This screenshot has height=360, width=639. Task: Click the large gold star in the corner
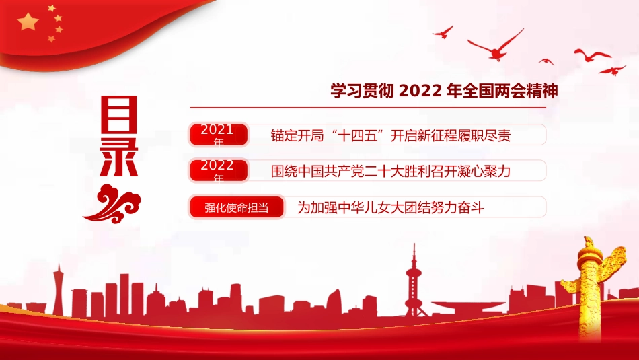point(28,22)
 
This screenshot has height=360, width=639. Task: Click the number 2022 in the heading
point(421,90)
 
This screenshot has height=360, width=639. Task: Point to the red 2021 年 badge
point(218,135)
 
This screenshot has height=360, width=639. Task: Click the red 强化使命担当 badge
point(236,207)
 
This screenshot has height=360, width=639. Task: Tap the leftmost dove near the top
point(443,32)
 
